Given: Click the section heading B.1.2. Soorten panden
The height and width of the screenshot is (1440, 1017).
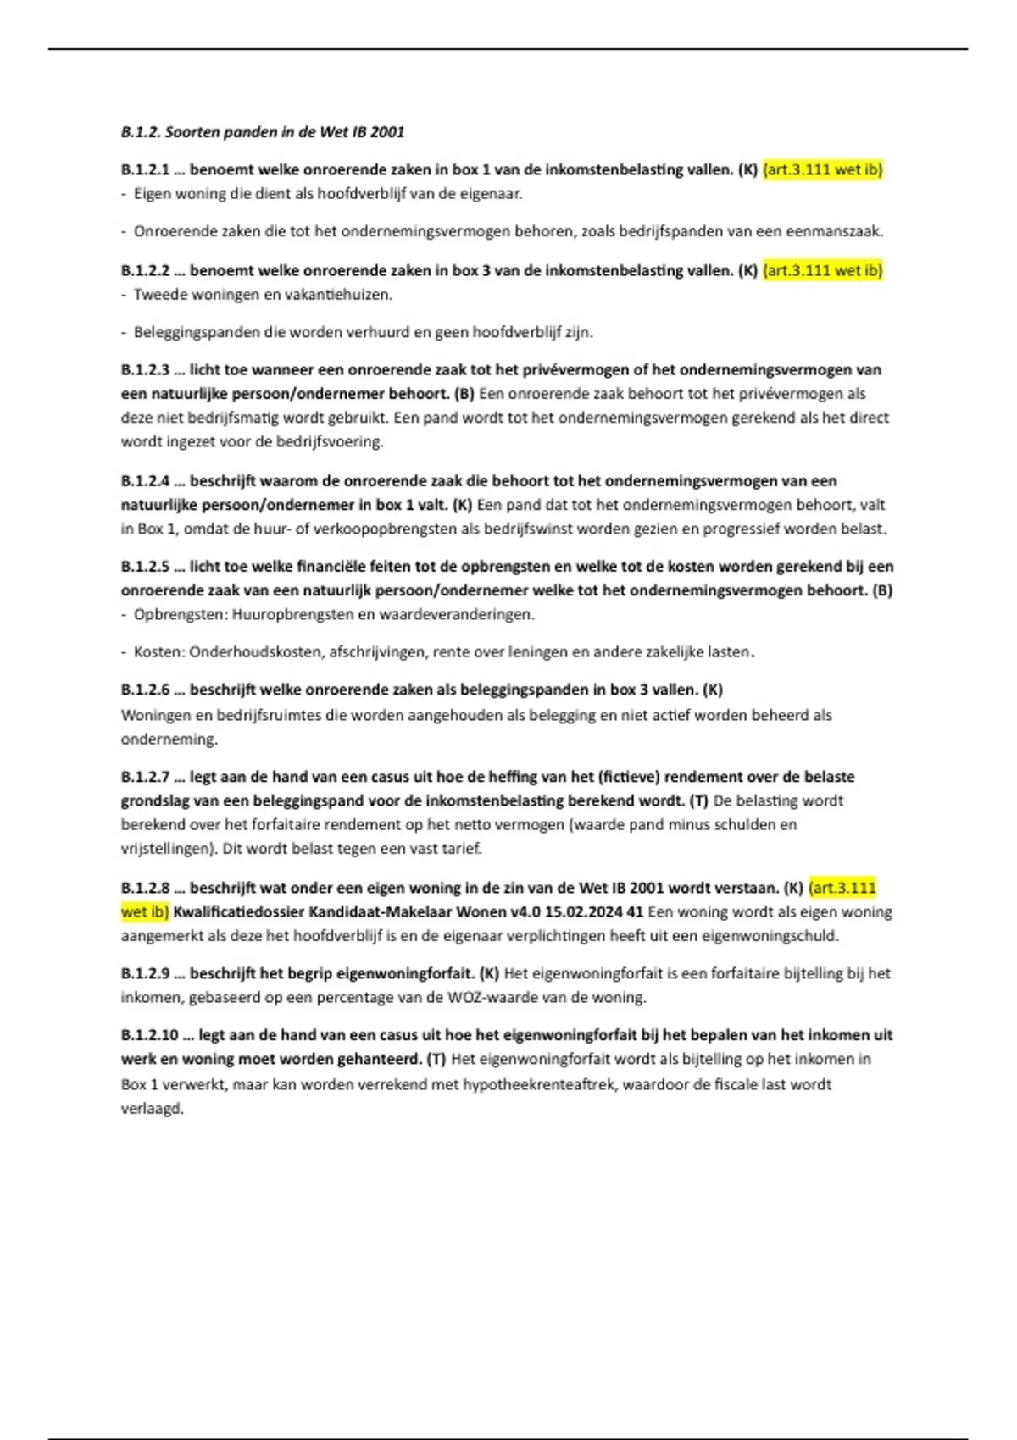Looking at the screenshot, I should pos(263,132).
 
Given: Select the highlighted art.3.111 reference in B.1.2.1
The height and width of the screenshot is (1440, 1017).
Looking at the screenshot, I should pos(822,169).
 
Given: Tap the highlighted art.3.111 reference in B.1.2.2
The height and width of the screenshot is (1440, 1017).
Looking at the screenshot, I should pos(822,270).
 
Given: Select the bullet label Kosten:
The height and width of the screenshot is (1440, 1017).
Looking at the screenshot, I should pos(158,652).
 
